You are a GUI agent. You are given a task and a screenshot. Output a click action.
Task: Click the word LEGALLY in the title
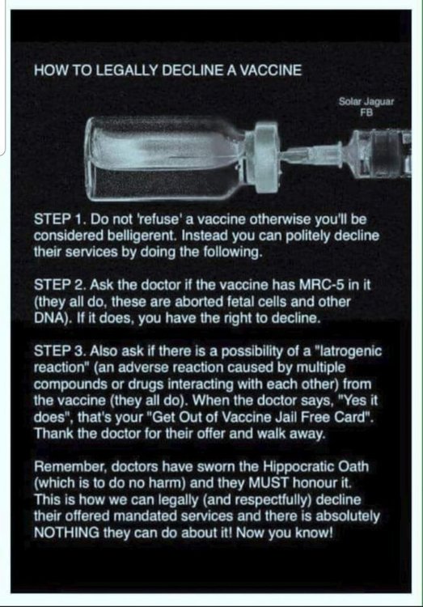[x=126, y=70]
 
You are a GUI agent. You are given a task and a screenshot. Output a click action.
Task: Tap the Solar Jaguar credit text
[x=366, y=107]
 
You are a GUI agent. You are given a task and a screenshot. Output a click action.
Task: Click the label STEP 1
[x=60, y=219]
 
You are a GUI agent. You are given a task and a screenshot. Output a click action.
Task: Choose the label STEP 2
[x=61, y=285]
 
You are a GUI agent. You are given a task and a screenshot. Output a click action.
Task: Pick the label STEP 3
[x=61, y=351]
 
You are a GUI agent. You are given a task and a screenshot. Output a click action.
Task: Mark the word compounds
[x=71, y=384]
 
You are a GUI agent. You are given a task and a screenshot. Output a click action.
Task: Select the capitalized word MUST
[x=269, y=482]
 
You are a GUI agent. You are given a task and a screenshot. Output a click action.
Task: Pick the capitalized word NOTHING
[x=66, y=533]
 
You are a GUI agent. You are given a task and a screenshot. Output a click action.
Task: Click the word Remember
[x=70, y=466]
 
